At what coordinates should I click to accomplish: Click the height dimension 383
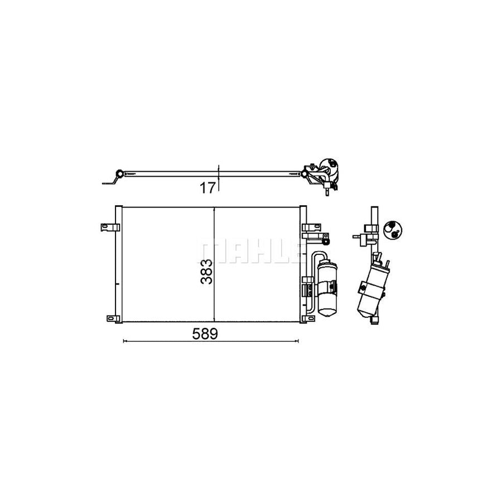[207, 272]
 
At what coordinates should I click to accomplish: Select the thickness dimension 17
[207, 189]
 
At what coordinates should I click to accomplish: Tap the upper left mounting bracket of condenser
[110, 227]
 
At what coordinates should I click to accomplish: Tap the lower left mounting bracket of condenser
[113, 318]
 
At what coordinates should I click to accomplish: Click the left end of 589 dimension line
[123, 340]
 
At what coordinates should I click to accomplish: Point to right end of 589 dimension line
[298, 340]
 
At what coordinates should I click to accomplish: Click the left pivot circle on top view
[119, 172]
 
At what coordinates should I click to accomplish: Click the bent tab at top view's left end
[108, 181]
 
